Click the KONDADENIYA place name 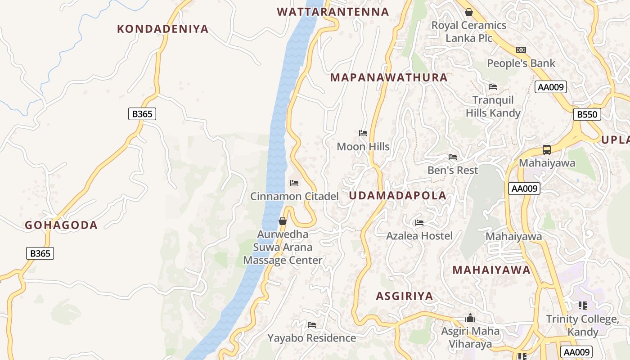click(162, 29)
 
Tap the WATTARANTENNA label click(333, 12)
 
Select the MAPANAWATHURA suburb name click(389, 77)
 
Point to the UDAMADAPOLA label click(397, 196)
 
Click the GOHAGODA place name click(61, 225)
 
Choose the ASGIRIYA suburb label click(405, 296)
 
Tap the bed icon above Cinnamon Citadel click(294, 183)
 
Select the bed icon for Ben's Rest click(453, 157)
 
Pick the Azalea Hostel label click(419, 236)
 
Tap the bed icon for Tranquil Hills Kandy click(493, 87)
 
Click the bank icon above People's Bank click(521, 50)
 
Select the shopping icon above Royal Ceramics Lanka click(469, 12)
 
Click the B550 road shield click(587, 115)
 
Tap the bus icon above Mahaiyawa click(547, 150)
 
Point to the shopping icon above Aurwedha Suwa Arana click(283, 221)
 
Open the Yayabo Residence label click(311, 338)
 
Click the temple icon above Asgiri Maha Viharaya click(470, 318)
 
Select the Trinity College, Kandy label click(582, 325)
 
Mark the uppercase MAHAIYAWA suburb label click(491, 270)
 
